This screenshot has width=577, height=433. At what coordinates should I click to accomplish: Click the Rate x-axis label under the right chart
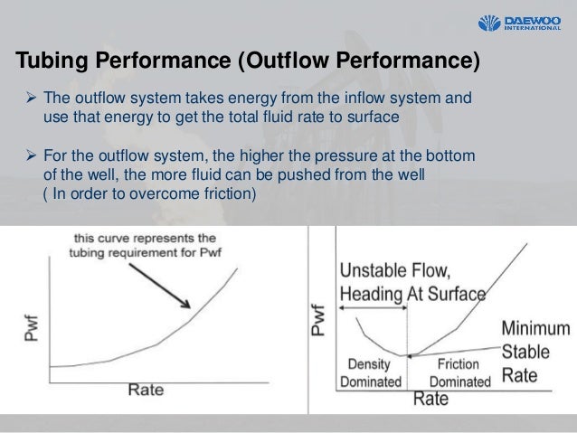(433, 397)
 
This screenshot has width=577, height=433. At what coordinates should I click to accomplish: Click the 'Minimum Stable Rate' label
(537, 351)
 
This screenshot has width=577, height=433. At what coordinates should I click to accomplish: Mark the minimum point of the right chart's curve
(409, 354)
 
